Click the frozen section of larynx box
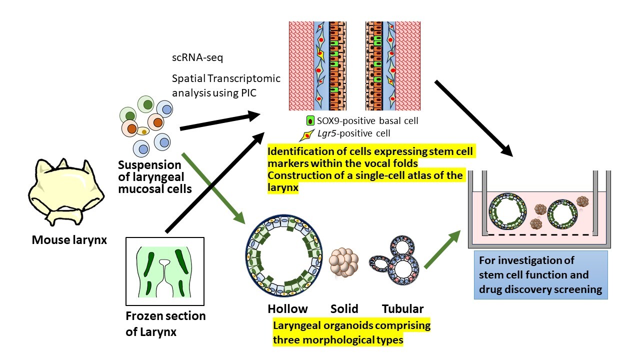click(x=165, y=270)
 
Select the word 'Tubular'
click(x=402, y=308)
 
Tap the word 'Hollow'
click(x=287, y=308)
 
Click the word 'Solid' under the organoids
click(x=344, y=308)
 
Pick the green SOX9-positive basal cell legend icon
click(x=309, y=120)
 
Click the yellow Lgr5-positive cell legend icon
click(x=305, y=134)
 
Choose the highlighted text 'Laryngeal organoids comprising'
click(x=351, y=326)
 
